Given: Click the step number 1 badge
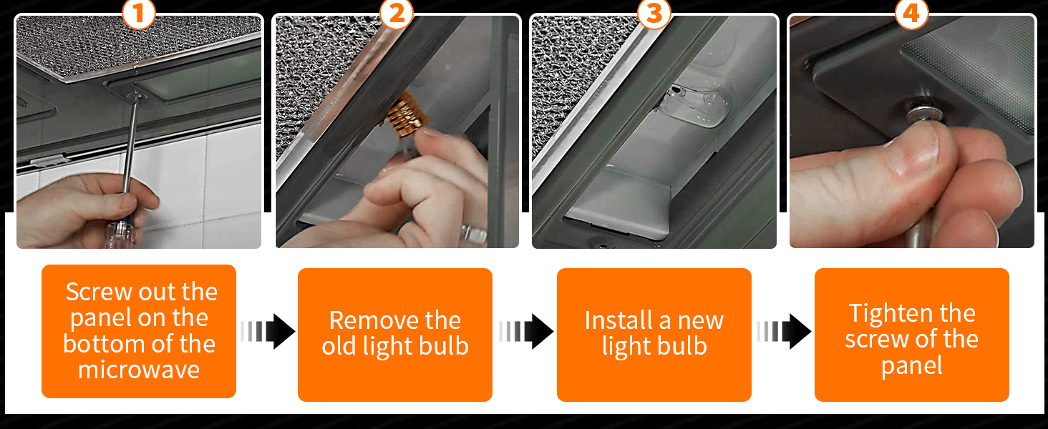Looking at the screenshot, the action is pyautogui.click(x=138, y=14).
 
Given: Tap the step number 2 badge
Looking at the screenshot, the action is pyautogui.click(x=397, y=14).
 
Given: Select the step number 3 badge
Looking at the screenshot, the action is pyautogui.click(x=654, y=14).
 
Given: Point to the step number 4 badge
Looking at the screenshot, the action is pyautogui.click(x=912, y=14).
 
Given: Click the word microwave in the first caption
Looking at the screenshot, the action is pyautogui.click(x=139, y=370).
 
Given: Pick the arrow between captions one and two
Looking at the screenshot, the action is pyautogui.click(x=268, y=331).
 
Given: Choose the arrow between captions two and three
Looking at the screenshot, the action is pyautogui.click(x=526, y=331).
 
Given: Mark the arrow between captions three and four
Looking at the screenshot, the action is pyautogui.click(x=784, y=331).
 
